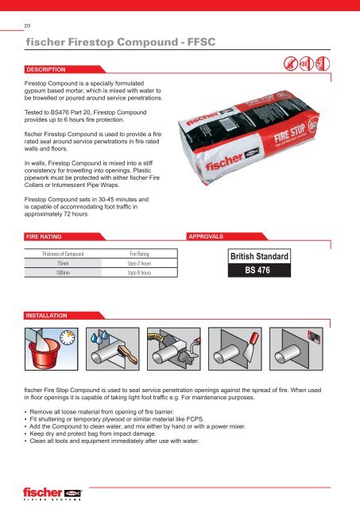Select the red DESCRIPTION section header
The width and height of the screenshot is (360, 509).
point(50,70)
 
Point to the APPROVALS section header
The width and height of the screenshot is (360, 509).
point(212,236)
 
